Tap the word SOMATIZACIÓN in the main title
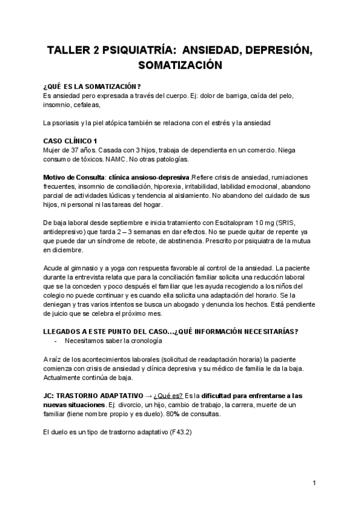[180, 64]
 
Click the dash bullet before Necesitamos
[56, 341]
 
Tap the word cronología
[144, 341]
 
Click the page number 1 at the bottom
[314, 483]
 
